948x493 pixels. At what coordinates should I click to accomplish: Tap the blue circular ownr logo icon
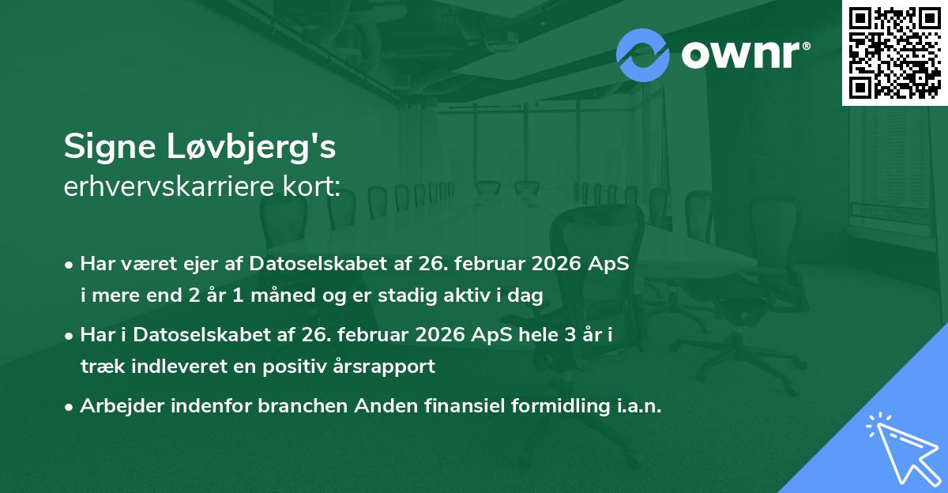[x=643, y=55]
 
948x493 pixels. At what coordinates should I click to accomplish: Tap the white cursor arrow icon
[x=900, y=446]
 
